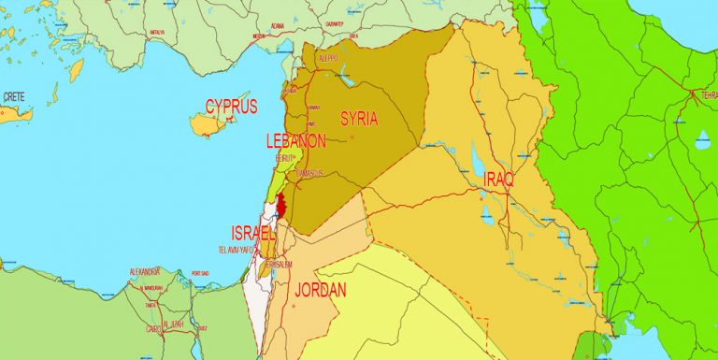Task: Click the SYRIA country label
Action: (360, 119)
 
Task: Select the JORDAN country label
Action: (321, 291)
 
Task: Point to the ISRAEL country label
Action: (252, 232)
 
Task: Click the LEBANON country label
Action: (296, 141)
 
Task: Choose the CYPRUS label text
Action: (231, 106)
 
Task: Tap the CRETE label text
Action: (14, 96)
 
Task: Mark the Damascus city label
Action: (308, 173)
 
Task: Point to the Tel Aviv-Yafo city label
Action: (236, 251)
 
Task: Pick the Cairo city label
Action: (154, 328)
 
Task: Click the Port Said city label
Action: (199, 273)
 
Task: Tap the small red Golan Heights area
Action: (282, 206)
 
